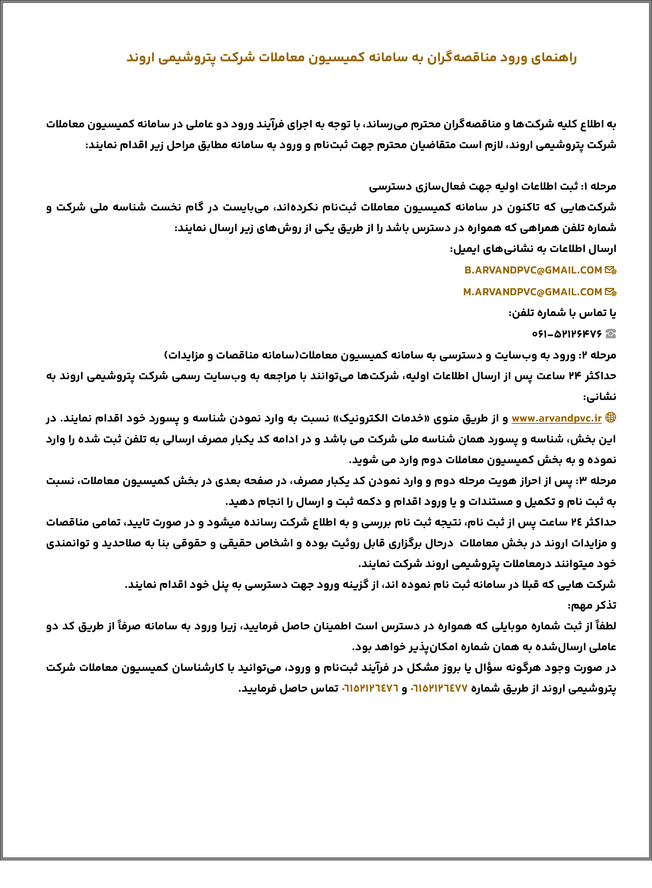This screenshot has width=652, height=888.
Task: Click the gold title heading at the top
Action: coord(351,58)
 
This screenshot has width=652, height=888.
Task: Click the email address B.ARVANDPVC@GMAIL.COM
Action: coord(533,270)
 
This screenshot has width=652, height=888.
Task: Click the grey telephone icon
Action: coord(610,334)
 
